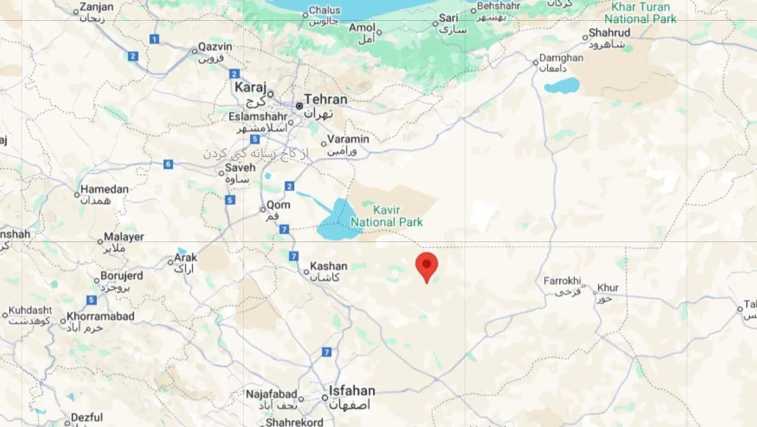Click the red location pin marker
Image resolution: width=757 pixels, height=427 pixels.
pos(427,265)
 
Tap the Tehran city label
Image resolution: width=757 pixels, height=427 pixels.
pos(325,99)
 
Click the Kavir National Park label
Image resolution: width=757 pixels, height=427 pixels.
pos(387,216)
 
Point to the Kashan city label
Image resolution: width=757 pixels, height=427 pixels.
pos(328,267)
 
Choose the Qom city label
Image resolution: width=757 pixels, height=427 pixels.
pos(278,206)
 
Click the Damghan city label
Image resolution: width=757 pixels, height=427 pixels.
pos(561,58)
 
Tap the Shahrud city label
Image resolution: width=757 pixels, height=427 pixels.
pos(610,33)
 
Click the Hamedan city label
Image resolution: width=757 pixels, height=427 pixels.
pos(105,189)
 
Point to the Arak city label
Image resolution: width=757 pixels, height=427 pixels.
pos(186,258)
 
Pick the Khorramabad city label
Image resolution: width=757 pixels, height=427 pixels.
pos(100,316)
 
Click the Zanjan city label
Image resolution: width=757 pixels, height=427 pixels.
pos(98,8)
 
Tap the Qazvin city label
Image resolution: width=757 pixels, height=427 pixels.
pos(215,47)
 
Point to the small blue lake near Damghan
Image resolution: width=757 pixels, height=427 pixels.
pos(562,86)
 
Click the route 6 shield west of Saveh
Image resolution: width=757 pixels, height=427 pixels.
pos(168,164)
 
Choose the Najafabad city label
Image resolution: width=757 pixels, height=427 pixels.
pos(271,394)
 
